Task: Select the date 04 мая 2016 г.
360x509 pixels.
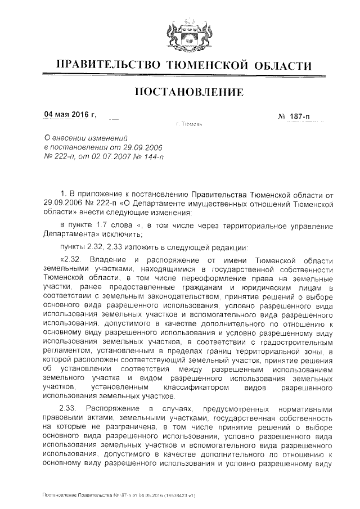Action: click(x=70, y=116)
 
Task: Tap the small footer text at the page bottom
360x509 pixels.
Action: click(x=119, y=495)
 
